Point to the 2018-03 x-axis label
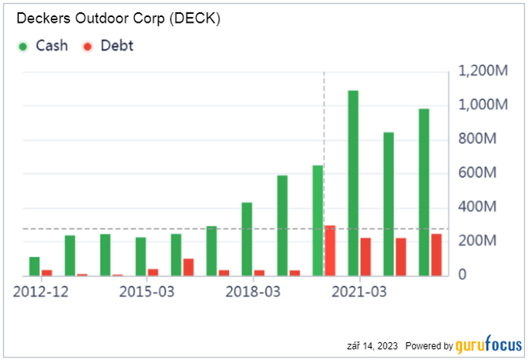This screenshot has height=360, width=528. (x=253, y=291)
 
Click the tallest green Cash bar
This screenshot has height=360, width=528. (x=353, y=183)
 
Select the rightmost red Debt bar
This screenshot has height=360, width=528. (x=436, y=255)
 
